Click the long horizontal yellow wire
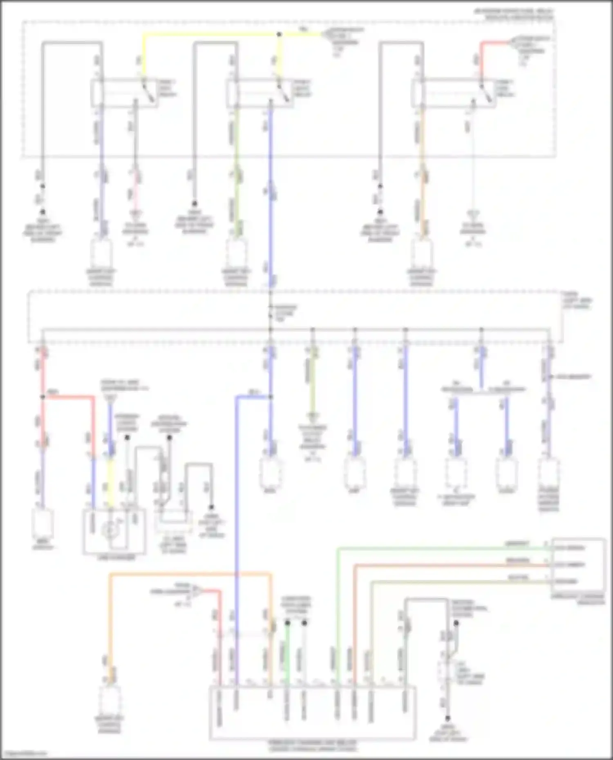click(213, 35)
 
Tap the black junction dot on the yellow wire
click(279, 35)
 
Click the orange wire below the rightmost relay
click(422, 163)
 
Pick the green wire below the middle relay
click(236, 163)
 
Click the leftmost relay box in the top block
click(124, 94)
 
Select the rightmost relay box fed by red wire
click(454, 94)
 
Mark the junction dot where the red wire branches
click(43, 397)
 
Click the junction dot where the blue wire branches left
click(270, 397)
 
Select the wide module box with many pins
click(313, 713)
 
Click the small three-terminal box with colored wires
click(578, 565)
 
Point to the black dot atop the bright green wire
click(287, 623)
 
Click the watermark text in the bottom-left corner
click(24, 754)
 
